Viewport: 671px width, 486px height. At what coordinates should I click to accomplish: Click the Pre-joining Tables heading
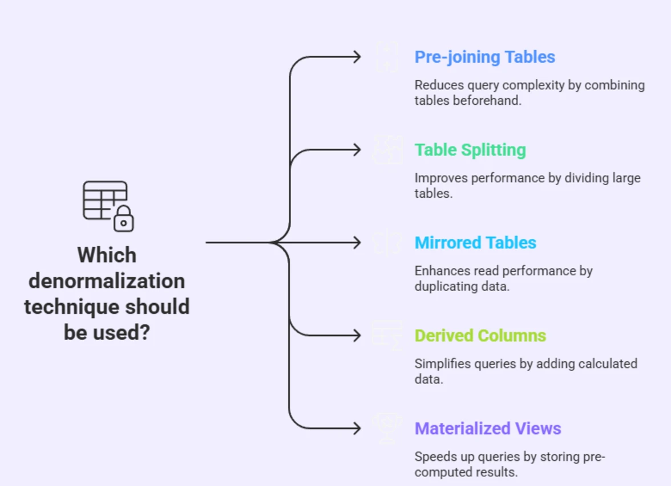484,57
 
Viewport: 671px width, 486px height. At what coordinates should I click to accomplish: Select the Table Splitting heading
470,150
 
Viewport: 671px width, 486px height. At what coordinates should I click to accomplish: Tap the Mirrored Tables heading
475,243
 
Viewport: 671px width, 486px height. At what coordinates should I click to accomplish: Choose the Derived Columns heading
480,336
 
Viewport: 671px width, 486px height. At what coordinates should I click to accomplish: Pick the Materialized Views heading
488,428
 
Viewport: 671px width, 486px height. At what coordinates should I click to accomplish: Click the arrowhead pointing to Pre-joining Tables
357,57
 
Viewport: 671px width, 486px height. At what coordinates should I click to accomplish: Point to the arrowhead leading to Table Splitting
357,150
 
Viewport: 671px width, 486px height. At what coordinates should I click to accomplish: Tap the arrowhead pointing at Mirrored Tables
357,243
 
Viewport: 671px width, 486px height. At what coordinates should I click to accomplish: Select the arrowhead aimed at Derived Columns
357,336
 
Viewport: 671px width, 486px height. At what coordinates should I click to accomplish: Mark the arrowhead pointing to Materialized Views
357,428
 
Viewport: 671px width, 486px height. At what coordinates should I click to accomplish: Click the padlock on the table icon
123,219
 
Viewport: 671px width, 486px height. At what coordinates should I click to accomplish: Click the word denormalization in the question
107,281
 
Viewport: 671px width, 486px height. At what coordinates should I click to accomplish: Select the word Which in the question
107,255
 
